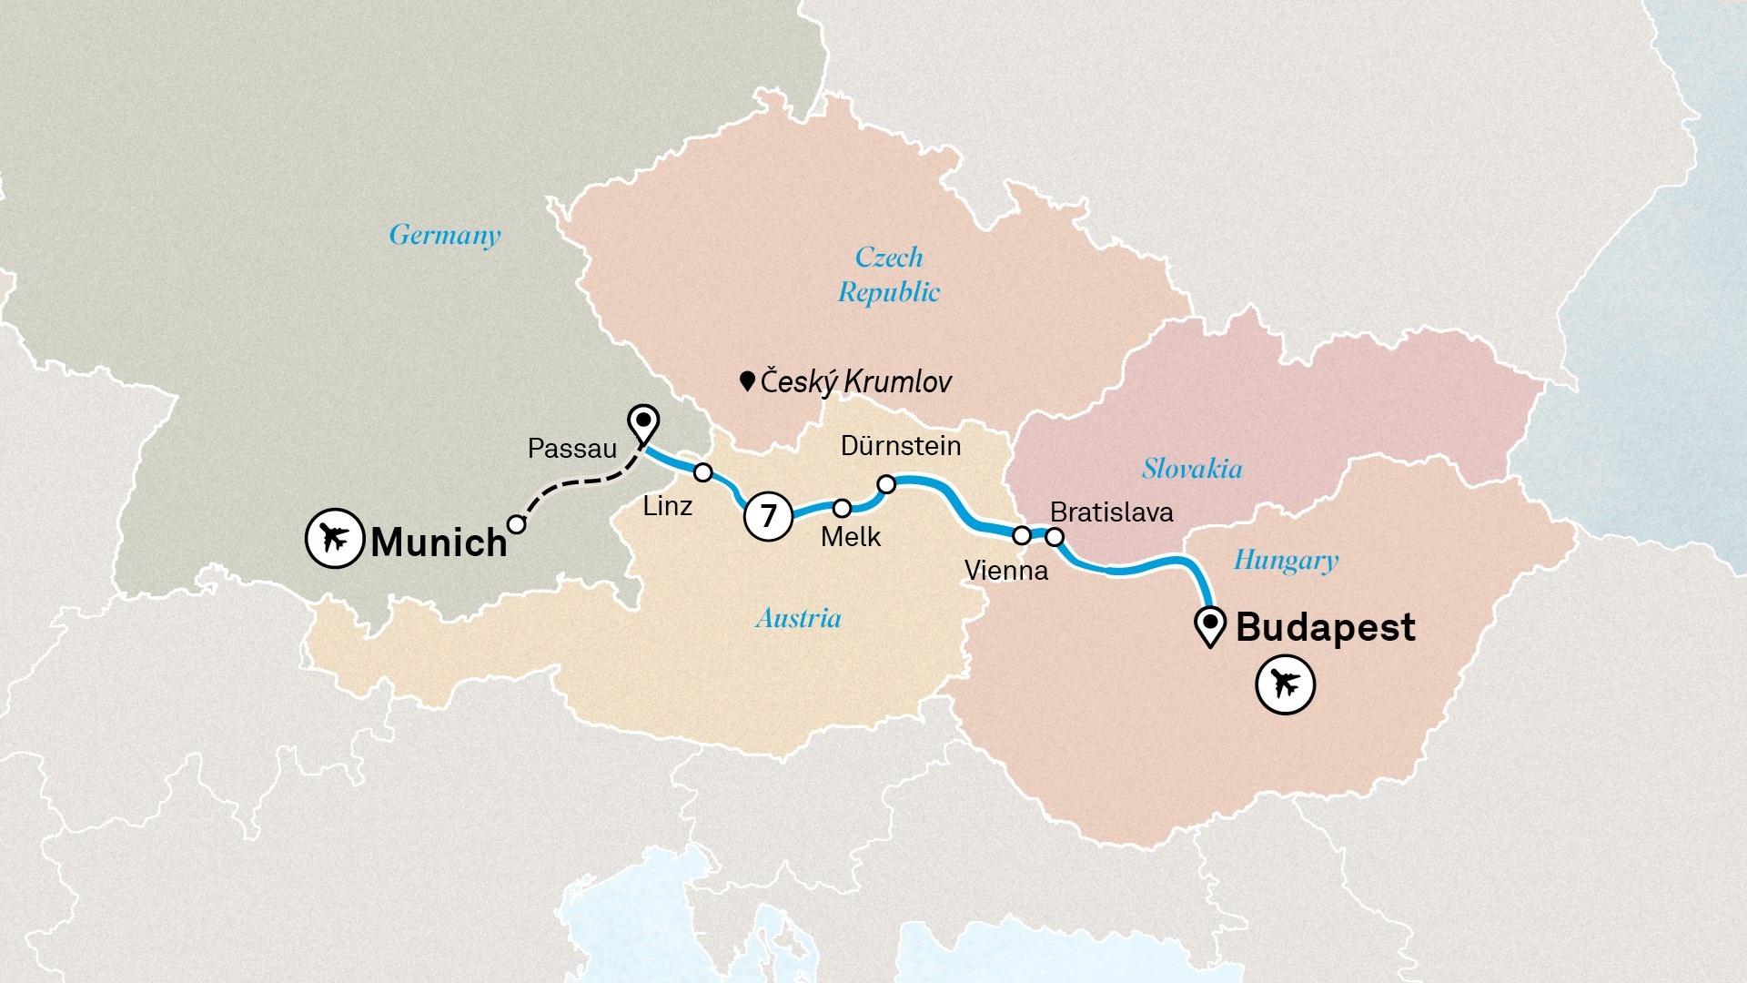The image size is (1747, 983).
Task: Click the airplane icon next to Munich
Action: tap(335, 538)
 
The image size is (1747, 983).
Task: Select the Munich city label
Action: tap(439, 542)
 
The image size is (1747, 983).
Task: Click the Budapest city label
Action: tap(1325, 627)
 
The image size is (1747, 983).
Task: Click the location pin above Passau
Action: tap(644, 423)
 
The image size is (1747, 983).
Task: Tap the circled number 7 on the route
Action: tap(768, 516)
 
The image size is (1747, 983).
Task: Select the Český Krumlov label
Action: tap(855, 381)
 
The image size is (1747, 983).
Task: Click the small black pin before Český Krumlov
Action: tap(747, 380)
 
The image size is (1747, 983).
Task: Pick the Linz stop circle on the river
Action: tap(702, 472)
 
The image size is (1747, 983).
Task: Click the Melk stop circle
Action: tap(843, 507)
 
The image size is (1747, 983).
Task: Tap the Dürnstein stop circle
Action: tap(886, 484)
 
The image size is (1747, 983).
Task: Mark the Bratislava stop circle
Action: tap(1055, 537)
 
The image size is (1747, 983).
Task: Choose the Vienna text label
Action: tap(1005, 571)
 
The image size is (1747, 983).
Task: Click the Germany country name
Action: tap(445, 235)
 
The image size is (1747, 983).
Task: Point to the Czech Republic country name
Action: tap(889, 274)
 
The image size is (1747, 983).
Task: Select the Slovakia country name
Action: tap(1192, 469)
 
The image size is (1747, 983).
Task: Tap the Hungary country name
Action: tap(1286, 560)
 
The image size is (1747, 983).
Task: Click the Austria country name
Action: tap(798, 619)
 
